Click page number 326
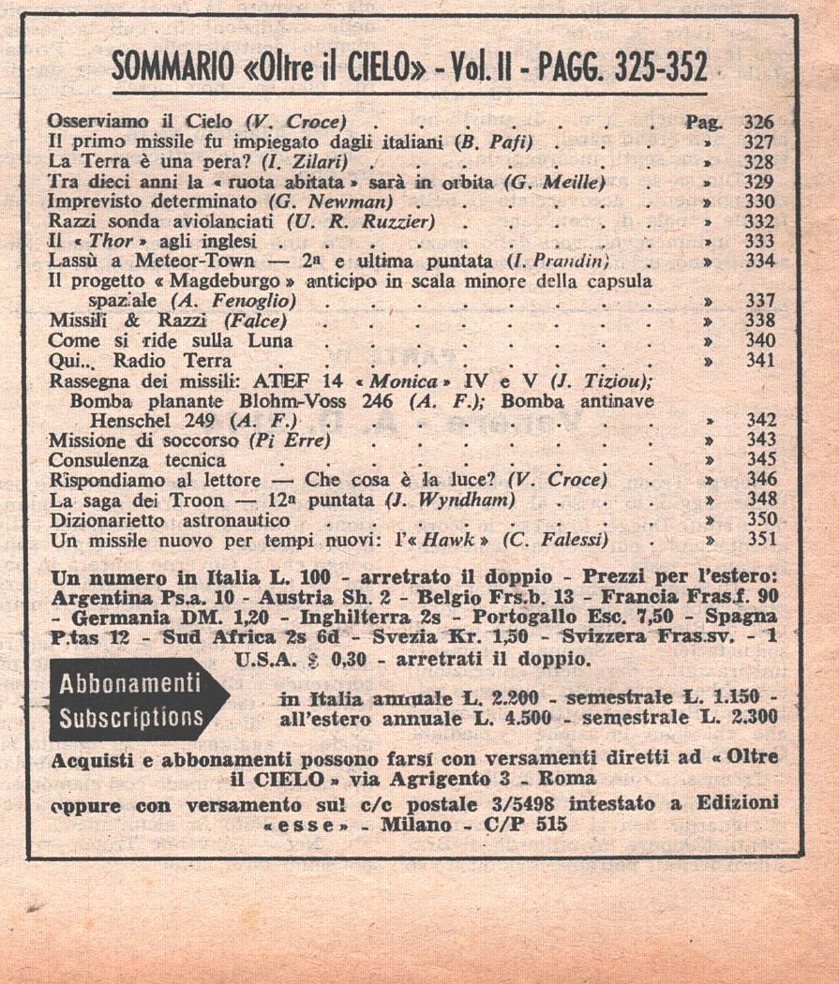758,123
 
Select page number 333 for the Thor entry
759,241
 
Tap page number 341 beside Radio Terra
759,360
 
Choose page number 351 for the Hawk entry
759,540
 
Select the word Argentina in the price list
99,597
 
